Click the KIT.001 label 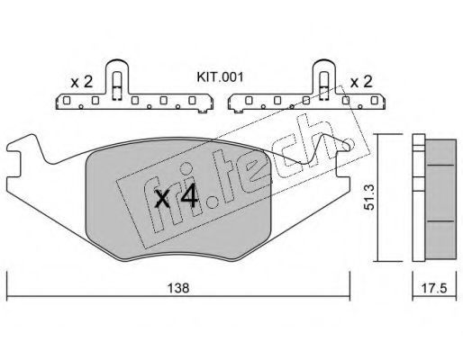(x=220, y=77)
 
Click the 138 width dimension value (x=178, y=288)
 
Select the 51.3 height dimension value (x=368, y=197)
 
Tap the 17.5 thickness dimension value (x=434, y=288)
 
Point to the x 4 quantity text (x=176, y=196)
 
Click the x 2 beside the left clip (x=81, y=82)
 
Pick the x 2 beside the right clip (x=361, y=82)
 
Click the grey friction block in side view (x=440, y=199)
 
